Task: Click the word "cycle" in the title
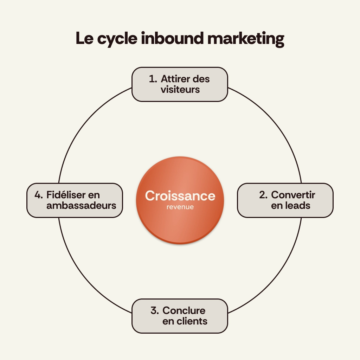point(117,39)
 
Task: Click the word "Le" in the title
point(85,38)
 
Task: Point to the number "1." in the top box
point(153,79)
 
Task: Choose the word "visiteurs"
point(180,89)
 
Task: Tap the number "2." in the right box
point(264,195)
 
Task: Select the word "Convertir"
point(293,195)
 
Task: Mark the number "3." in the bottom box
point(155,310)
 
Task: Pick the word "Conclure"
point(184,310)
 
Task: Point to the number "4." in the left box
point(39,195)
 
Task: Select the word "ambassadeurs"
point(81,205)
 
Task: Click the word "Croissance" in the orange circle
point(180,196)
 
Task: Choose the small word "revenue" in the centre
point(180,207)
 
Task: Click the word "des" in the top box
point(201,79)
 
